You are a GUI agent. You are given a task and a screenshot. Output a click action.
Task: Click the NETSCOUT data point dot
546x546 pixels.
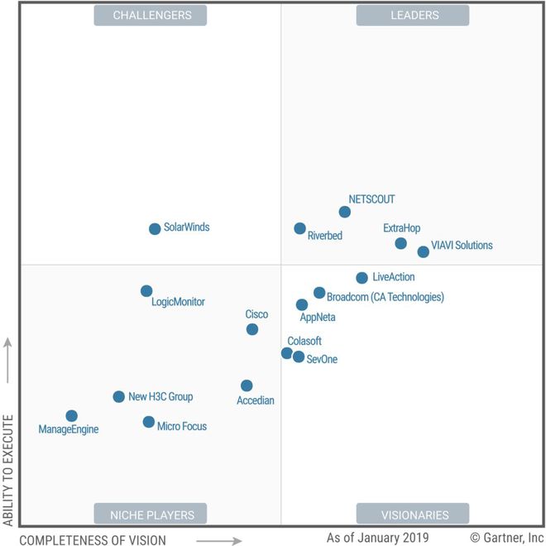[345, 212]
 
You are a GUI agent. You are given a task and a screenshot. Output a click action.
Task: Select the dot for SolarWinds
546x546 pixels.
[155, 229]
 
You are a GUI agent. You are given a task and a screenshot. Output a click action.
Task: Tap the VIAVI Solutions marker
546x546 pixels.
[424, 251]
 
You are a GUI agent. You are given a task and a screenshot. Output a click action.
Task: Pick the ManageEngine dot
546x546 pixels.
[72, 416]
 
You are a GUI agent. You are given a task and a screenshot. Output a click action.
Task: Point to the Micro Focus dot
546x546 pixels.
[149, 422]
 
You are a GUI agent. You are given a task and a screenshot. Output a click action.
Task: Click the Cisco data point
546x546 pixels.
[252, 329]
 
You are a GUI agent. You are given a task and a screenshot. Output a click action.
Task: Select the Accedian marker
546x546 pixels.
[247, 386]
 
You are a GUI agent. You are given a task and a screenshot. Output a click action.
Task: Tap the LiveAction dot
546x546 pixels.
[362, 278]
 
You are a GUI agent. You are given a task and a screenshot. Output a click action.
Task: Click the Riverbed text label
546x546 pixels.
[324, 236]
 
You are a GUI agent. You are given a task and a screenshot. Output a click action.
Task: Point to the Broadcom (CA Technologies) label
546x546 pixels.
[386, 297]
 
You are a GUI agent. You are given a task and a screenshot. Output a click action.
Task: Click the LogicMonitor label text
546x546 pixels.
[178, 302]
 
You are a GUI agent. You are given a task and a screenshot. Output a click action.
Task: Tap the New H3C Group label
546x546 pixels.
[160, 397]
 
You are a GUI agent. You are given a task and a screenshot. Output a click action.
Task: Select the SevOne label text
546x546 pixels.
[322, 359]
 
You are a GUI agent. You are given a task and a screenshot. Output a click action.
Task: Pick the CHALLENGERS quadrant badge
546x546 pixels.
[151, 15]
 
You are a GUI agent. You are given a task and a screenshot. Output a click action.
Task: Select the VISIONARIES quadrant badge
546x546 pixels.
[413, 514]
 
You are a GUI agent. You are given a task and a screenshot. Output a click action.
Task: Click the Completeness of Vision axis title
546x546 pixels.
[93, 540]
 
